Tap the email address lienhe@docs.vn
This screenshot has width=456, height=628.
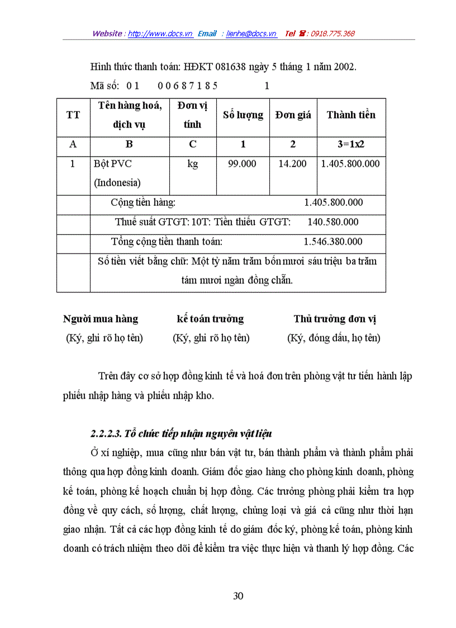[x=251, y=34]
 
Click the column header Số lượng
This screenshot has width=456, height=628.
[x=243, y=115]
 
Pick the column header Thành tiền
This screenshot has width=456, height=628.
[x=351, y=115]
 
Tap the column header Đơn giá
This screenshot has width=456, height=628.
[x=293, y=115]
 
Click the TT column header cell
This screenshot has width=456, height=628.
[x=73, y=115]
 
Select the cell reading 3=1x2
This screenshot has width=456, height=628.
[x=351, y=144]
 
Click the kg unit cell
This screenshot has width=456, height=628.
[x=192, y=164]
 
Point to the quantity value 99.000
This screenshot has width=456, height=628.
[x=243, y=164]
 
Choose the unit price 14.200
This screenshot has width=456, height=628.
[x=292, y=164]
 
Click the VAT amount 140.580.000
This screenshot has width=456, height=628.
[x=333, y=222]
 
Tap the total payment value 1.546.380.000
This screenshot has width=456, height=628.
[x=333, y=242]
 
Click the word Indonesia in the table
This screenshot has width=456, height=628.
[x=117, y=183]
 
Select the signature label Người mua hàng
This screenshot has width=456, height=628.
[x=101, y=319]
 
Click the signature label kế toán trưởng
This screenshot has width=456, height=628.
[x=210, y=319]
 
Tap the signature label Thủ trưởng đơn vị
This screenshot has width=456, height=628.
[x=335, y=319]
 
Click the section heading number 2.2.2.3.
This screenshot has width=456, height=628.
[x=105, y=433]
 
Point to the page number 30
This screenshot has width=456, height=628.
[x=238, y=596]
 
